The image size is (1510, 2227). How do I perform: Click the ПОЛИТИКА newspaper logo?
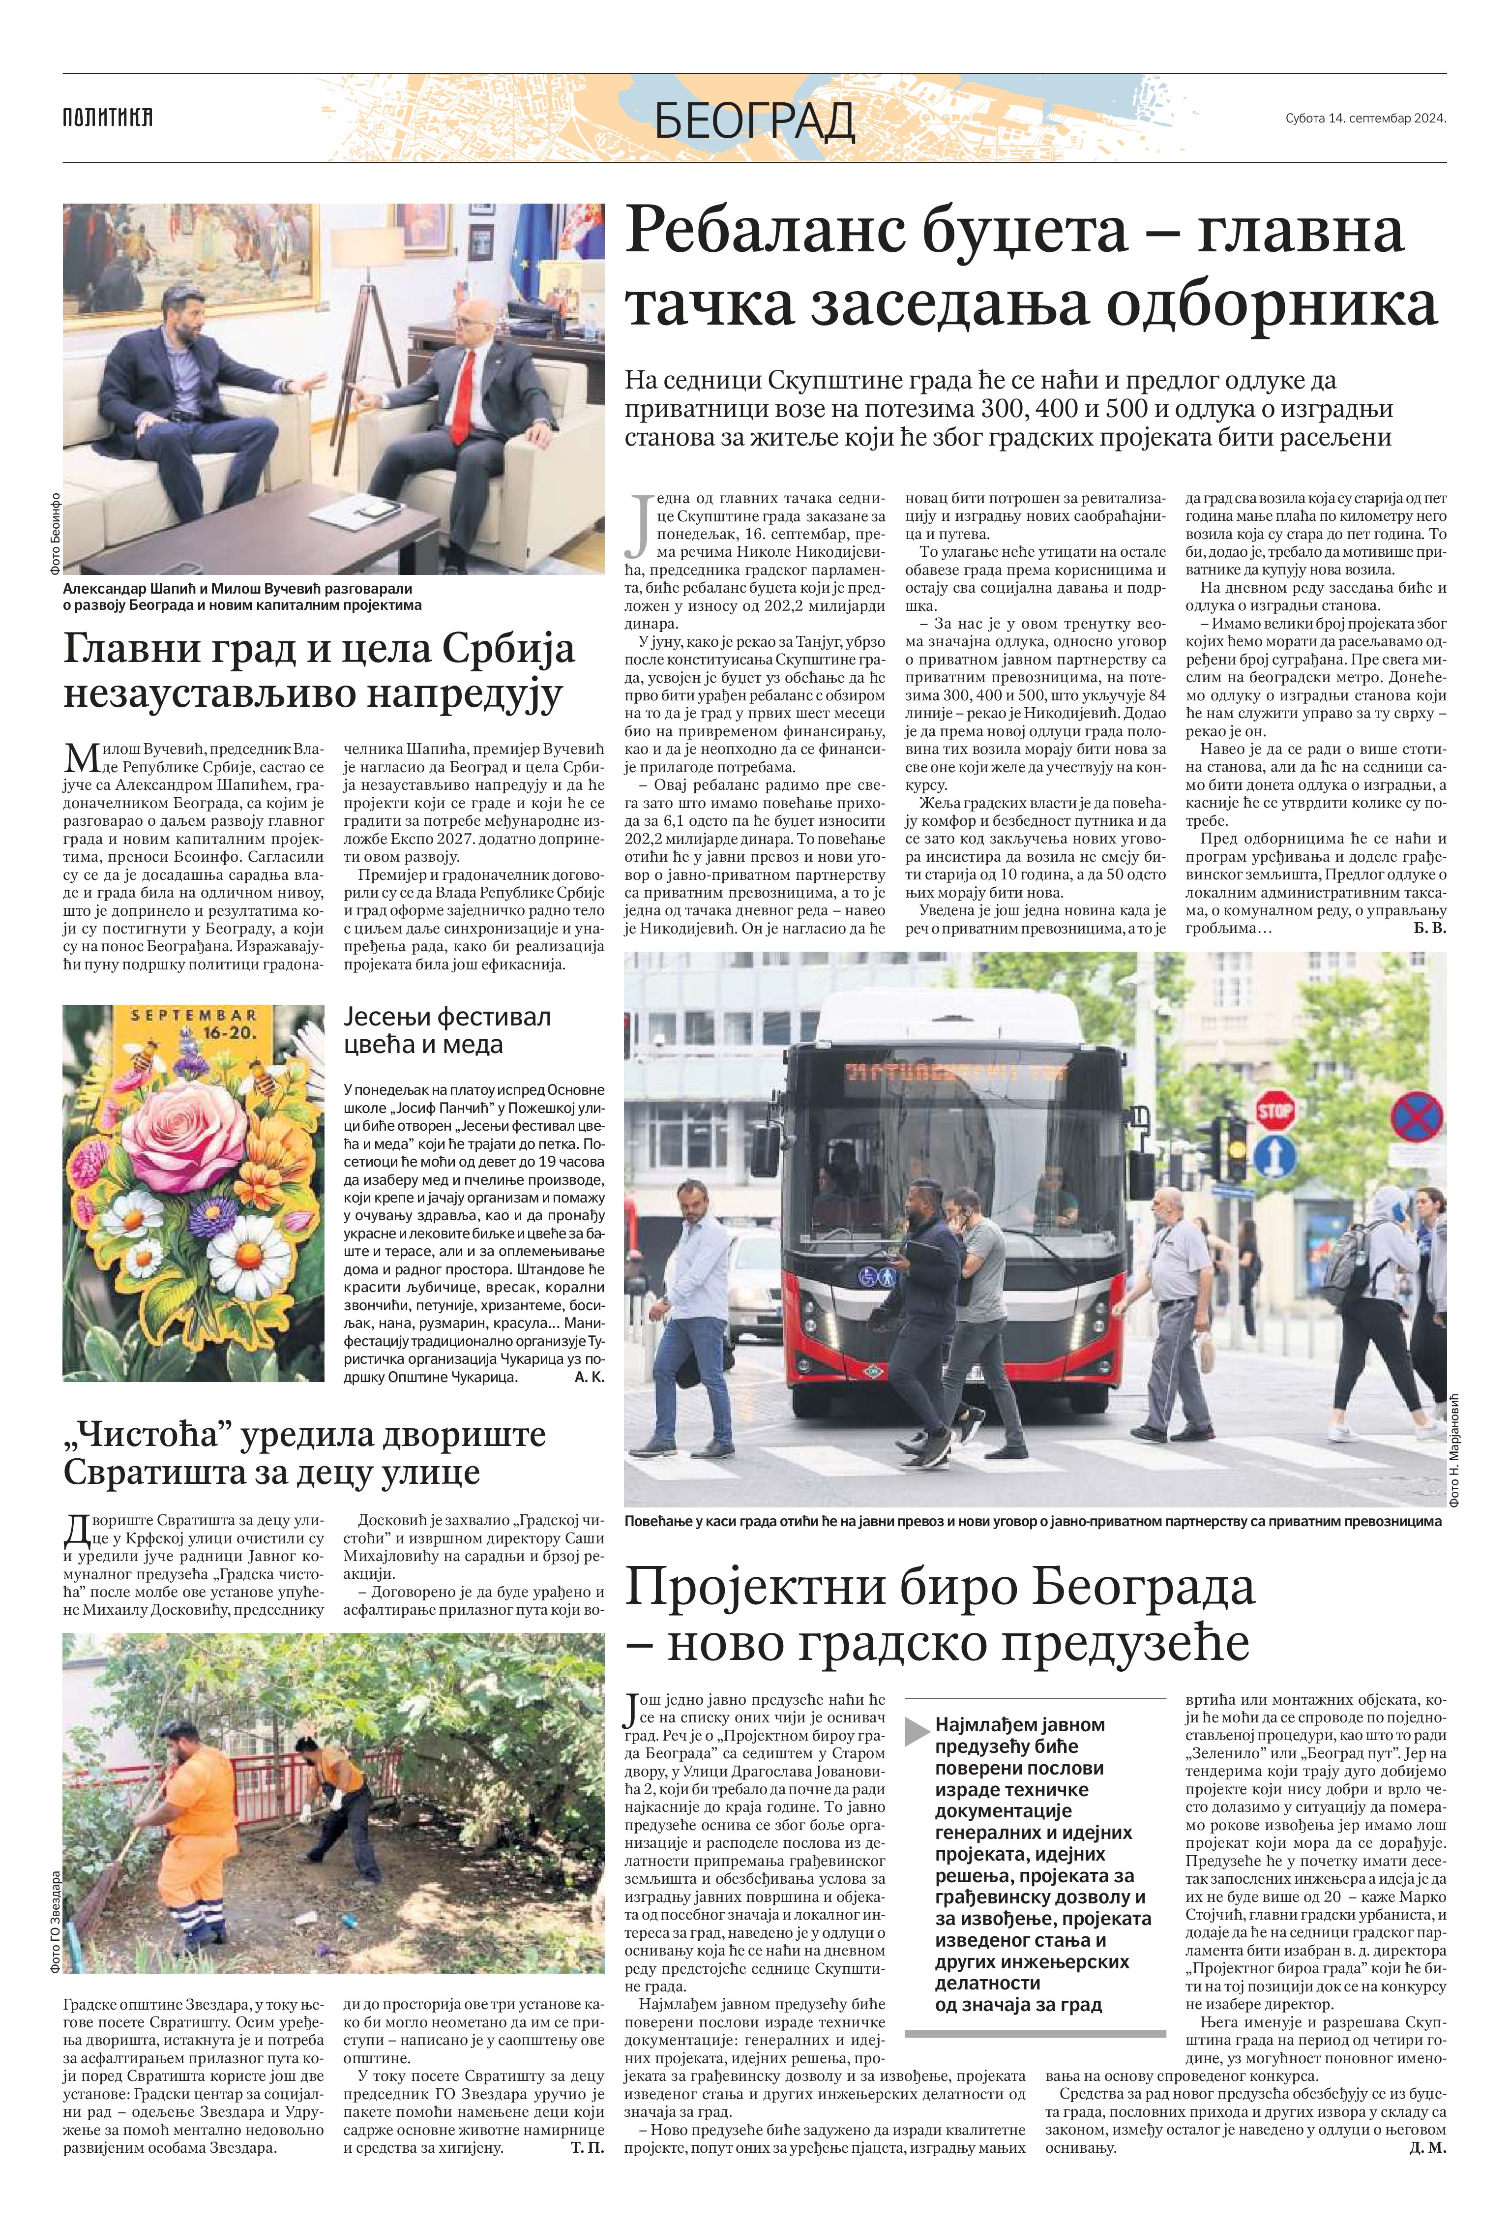coord(107,118)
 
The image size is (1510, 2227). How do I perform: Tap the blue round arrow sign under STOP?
coord(1274,1157)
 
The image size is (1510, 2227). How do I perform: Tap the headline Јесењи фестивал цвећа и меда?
coord(446,1029)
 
